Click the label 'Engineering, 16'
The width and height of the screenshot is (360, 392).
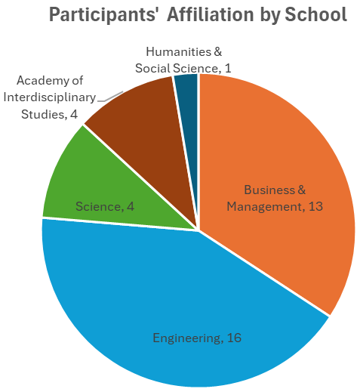(x=196, y=338)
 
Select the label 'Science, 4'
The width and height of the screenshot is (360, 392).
(x=105, y=206)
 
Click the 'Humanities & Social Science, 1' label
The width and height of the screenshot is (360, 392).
(x=183, y=60)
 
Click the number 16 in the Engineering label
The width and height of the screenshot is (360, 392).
(x=233, y=338)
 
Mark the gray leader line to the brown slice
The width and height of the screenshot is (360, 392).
(x=110, y=95)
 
